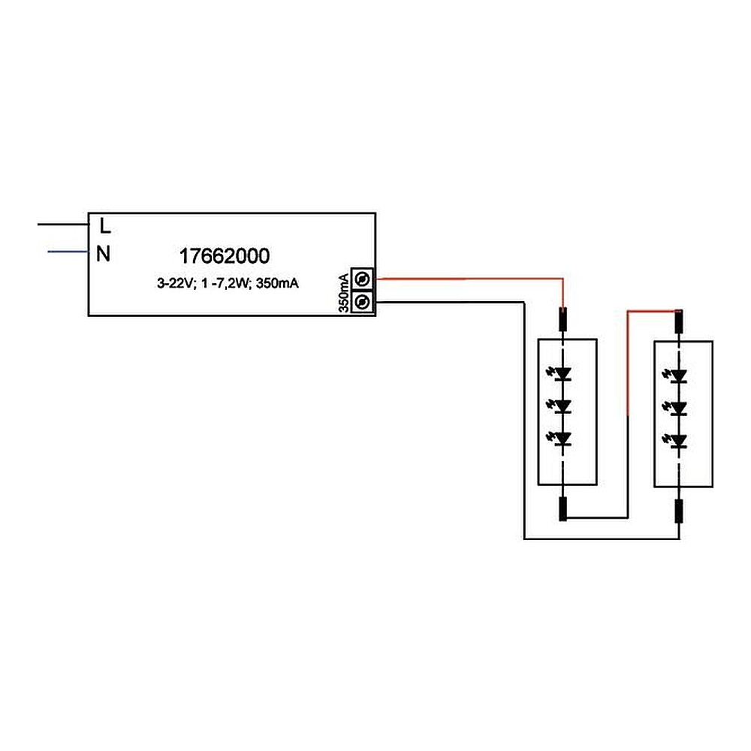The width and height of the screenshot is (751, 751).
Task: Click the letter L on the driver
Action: pyautogui.click(x=105, y=225)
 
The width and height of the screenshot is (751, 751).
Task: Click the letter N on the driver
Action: pyautogui.click(x=104, y=255)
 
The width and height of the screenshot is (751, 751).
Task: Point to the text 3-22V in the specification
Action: pyautogui.click(x=173, y=284)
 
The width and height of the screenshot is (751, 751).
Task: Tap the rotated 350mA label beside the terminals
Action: pyautogui.click(x=343, y=292)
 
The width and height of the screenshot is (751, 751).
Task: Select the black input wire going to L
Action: pyautogui.click(x=64, y=224)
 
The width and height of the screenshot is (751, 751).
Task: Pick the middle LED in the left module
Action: pyautogui.click(x=564, y=406)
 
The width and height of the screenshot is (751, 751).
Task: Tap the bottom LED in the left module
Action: pyautogui.click(x=564, y=439)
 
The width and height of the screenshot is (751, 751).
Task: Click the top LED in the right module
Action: pyautogui.click(x=680, y=375)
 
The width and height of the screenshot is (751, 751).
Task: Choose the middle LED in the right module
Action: pyautogui.click(x=680, y=408)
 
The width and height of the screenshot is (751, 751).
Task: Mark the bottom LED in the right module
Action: pyautogui.click(x=680, y=440)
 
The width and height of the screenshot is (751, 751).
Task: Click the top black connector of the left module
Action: pyautogui.click(x=564, y=321)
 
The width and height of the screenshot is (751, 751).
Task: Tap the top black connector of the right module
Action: pyautogui.click(x=680, y=321)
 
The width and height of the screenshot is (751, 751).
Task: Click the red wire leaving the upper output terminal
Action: pyautogui.click(x=466, y=279)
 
